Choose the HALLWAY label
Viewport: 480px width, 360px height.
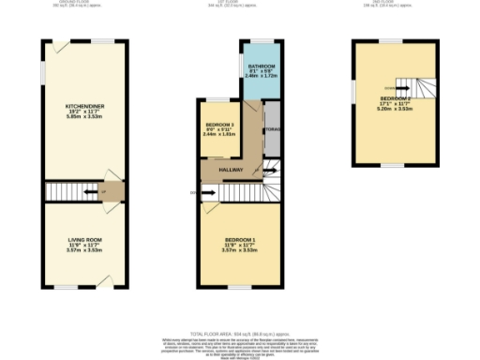point(231,170)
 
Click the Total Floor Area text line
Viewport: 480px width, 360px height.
point(239,334)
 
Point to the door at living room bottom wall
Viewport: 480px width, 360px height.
point(110,281)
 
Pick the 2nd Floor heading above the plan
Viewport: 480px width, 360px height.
point(393,3)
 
